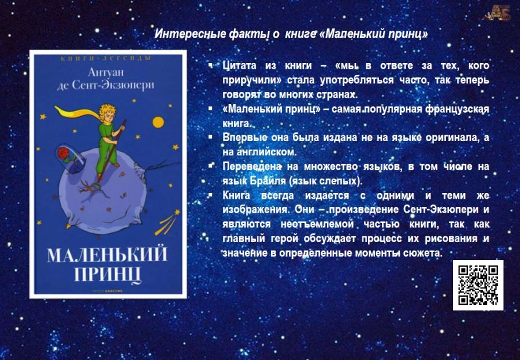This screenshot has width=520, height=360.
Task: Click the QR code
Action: click(x=478, y=285)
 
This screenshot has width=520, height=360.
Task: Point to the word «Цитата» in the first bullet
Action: click(x=239, y=66)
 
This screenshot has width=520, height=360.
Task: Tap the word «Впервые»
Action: click(x=244, y=138)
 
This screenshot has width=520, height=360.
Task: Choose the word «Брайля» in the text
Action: click(x=268, y=181)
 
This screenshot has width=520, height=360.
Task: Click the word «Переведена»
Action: click(x=252, y=166)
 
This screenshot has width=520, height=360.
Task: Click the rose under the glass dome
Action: click(x=64, y=153)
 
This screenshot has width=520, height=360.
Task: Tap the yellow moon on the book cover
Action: click(x=158, y=122)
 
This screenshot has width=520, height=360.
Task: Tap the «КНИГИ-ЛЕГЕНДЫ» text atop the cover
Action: click(x=106, y=58)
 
